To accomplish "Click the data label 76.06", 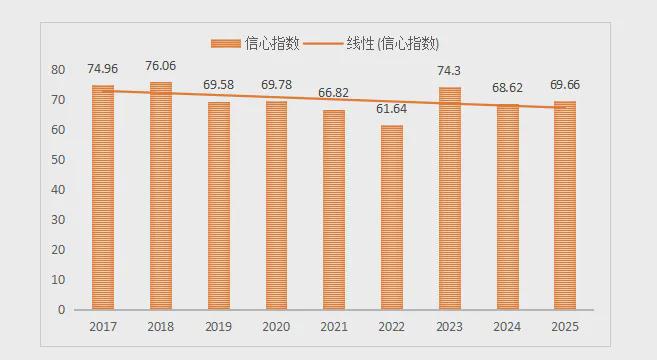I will click(x=161, y=67).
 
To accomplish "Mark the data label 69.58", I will click(x=219, y=85).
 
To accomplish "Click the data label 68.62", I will click(x=507, y=88).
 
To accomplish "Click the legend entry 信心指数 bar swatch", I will click(x=226, y=43).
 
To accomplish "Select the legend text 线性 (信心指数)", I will click(x=390, y=43).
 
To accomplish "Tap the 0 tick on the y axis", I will click(x=61, y=310).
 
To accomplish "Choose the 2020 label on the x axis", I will click(x=276, y=327).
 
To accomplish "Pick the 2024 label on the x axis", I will click(x=507, y=327).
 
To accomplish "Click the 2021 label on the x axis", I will click(x=334, y=327).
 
